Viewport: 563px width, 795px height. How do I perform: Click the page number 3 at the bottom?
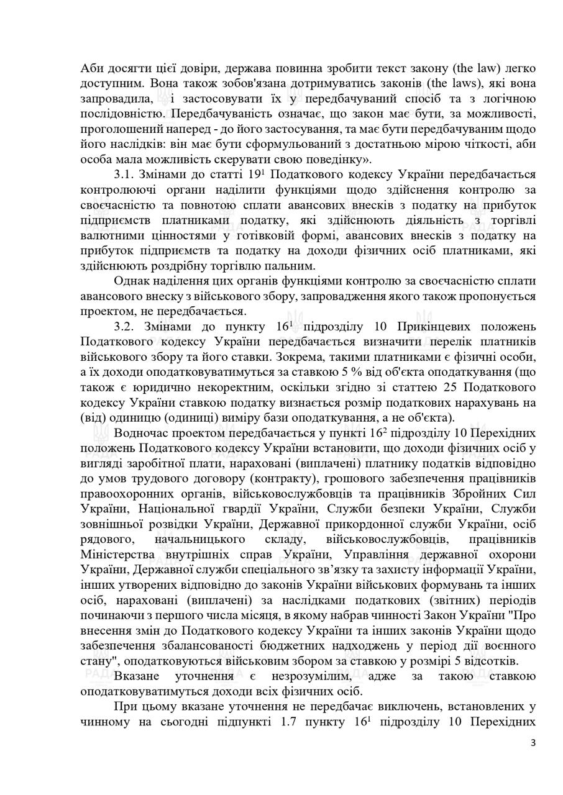coord(533,742)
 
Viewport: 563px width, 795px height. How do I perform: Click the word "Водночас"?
coord(142,434)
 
